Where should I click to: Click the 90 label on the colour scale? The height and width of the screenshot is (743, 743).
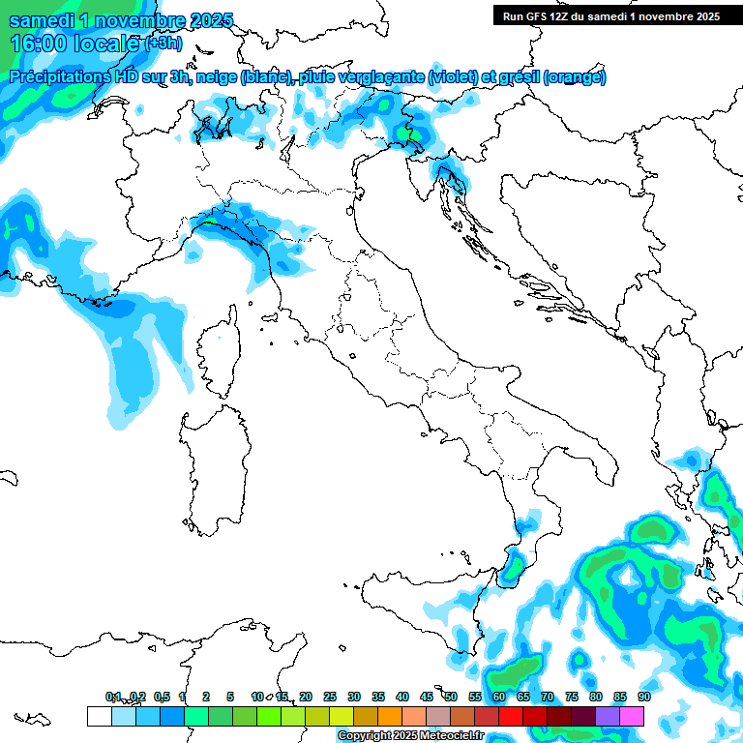pyautogui.click(x=643, y=697)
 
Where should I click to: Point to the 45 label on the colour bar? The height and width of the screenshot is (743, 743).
pyautogui.click(x=426, y=697)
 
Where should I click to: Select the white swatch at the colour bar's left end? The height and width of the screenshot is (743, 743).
pyautogui.click(x=99, y=716)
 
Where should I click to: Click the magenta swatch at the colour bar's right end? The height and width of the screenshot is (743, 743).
pyautogui.click(x=632, y=716)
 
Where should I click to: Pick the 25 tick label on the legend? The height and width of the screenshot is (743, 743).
pyautogui.click(x=330, y=697)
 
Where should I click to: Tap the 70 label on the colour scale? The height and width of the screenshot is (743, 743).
pyautogui.click(x=547, y=697)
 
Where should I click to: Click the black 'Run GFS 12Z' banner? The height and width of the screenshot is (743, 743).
pyautogui.click(x=610, y=15)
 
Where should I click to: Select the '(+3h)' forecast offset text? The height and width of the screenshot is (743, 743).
pyautogui.click(x=163, y=43)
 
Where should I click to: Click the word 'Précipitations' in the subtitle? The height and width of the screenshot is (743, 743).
pyautogui.click(x=61, y=77)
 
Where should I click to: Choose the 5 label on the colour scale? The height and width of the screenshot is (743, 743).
pyautogui.click(x=230, y=697)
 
